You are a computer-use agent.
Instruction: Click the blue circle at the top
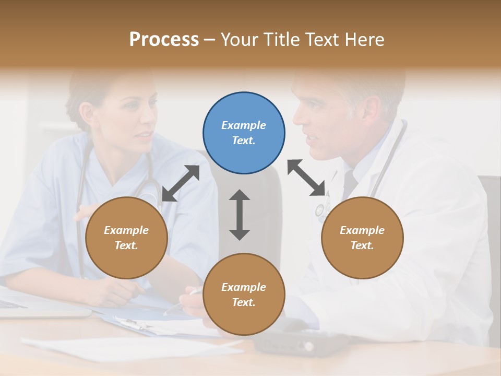244,133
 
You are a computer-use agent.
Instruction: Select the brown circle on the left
126,238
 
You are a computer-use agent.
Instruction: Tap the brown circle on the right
362,238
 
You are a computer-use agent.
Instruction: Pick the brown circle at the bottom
244,295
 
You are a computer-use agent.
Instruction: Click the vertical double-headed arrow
240,215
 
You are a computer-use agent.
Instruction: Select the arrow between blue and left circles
181,183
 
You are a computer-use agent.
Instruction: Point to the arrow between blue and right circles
306,178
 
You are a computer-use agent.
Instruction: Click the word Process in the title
164,39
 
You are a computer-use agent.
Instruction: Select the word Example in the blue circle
244,125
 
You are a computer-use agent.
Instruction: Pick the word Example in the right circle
362,230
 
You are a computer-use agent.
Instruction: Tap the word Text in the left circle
126,245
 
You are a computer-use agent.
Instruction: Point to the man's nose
299,118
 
